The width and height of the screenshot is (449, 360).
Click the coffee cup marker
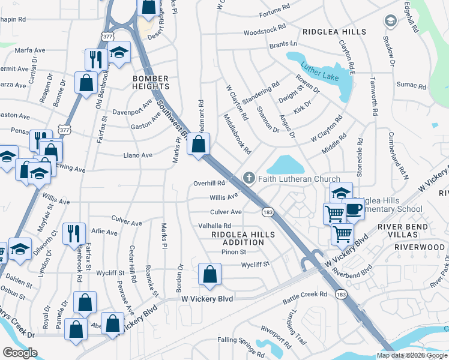[353, 208]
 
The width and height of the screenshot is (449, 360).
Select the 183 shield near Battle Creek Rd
[340, 294]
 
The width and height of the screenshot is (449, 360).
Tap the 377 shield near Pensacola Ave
[63, 128]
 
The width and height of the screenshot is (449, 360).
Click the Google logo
[20, 353]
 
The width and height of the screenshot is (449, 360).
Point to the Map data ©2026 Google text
[412, 355]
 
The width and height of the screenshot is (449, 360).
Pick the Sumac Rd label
[414, 85]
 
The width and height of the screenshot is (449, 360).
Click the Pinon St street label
[234, 252]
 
